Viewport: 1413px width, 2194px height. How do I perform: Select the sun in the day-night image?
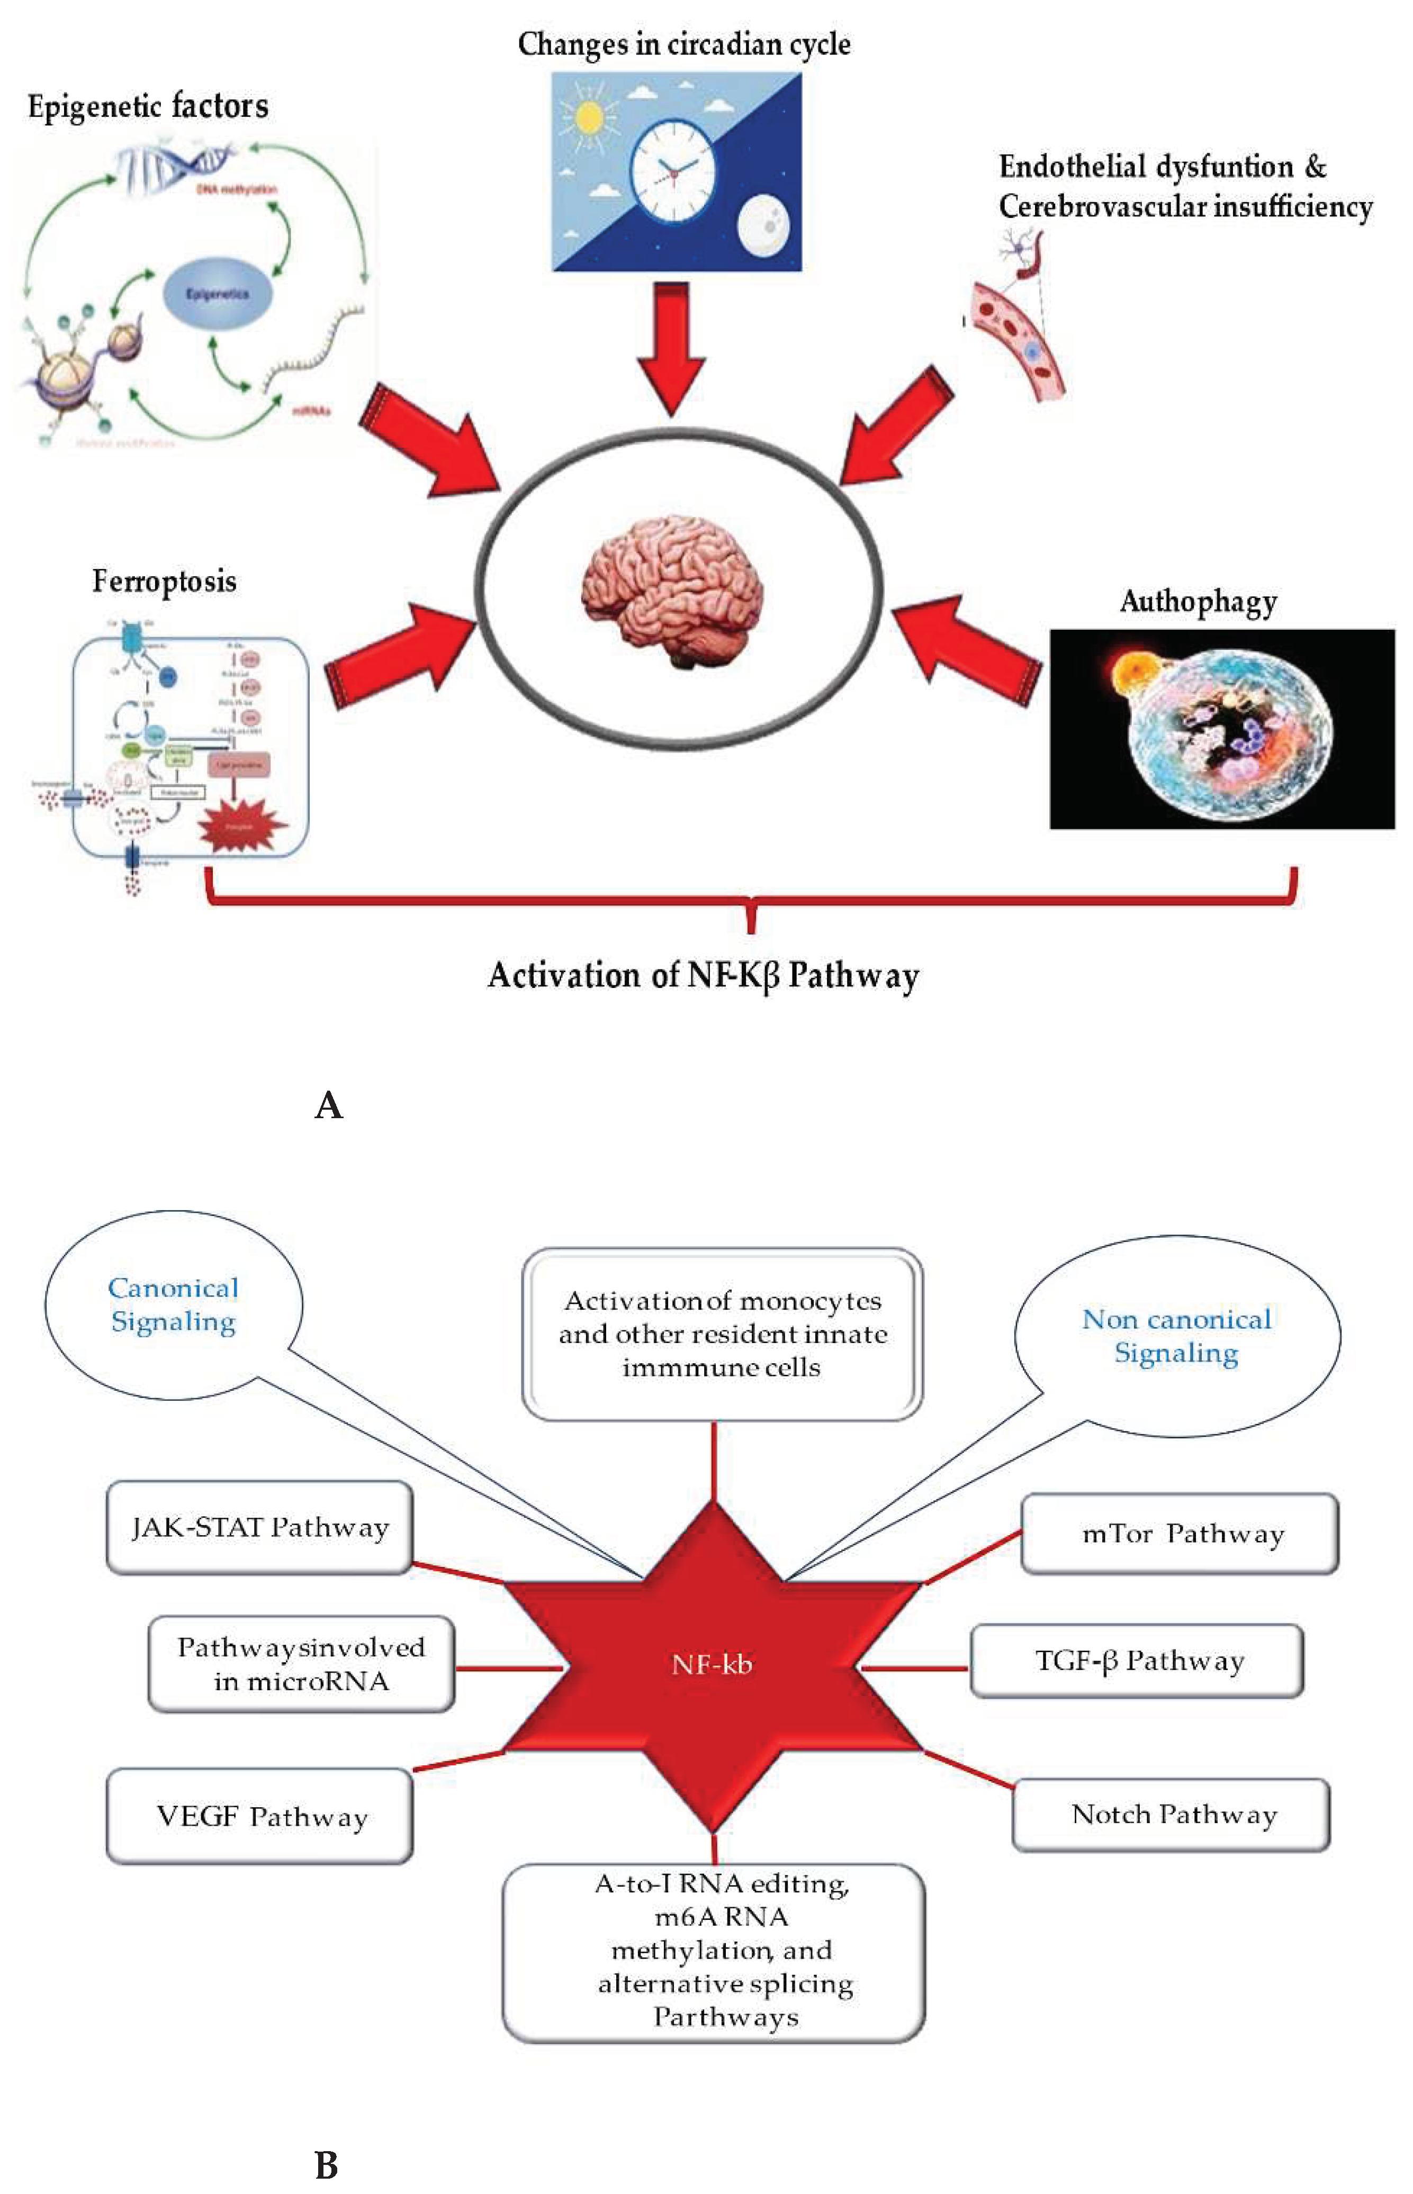[x=588, y=116]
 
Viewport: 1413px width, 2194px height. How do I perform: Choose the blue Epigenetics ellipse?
[x=218, y=294]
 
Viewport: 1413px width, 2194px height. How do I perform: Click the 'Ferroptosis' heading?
[x=164, y=582]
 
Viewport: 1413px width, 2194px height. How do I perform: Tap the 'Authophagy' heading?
[x=1198, y=602]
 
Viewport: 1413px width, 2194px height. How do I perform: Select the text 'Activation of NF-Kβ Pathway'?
[x=703, y=975]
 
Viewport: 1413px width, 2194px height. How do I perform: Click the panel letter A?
[x=328, y=1105]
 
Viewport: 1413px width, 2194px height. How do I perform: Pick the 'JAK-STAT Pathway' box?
[x=259, y=1527]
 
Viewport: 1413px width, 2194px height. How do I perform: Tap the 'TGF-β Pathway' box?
[x=1138, y=1660]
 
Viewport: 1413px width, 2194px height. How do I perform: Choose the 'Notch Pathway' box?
[x=1172, y=1814]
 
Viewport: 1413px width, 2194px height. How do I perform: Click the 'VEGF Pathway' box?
[x=260, y=1816]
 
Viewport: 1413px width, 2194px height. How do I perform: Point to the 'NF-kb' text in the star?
[x=712, y=1665]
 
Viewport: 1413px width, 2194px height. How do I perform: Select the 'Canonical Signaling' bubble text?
[x=174, y=1304]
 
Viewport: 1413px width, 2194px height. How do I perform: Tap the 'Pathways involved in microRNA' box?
[x=301, y=1664]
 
